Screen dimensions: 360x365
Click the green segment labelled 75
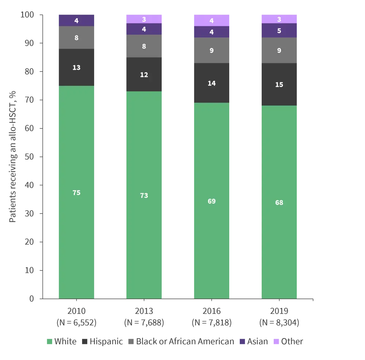click(x=77, y=192)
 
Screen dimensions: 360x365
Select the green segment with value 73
click(x=144, y=195)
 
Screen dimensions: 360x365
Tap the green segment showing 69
click(x=212, y=201)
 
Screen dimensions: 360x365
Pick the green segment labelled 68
click(x=279, y=202)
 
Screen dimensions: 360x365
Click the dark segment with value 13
click(x=77, y=68)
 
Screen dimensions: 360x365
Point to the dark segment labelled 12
click(x=144, y=74)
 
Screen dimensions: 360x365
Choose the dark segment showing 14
click(x=212, y=83)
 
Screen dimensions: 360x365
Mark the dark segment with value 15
click(x=279, y=84)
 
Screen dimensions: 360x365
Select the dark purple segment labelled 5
click(x=279, y=31)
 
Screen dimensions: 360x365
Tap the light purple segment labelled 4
click(x=212, y=20)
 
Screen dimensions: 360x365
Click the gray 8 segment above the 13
click(x=77, y=38)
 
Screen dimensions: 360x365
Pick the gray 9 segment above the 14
click(x=212, y=50)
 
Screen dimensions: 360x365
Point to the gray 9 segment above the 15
click(x=279, y=50)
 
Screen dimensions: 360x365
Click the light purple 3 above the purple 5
click(x=279, y=19)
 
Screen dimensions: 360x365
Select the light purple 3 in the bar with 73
click(x=144, y=19)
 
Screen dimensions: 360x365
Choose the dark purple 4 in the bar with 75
click(x=77, y=20)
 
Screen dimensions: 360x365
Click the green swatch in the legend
click(x=50, y=342)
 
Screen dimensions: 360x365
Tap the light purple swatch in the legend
click(x=276, y=342)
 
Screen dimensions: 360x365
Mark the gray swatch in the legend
click(x=130, y=342)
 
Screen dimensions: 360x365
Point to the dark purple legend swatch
click(x=243, y=342)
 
